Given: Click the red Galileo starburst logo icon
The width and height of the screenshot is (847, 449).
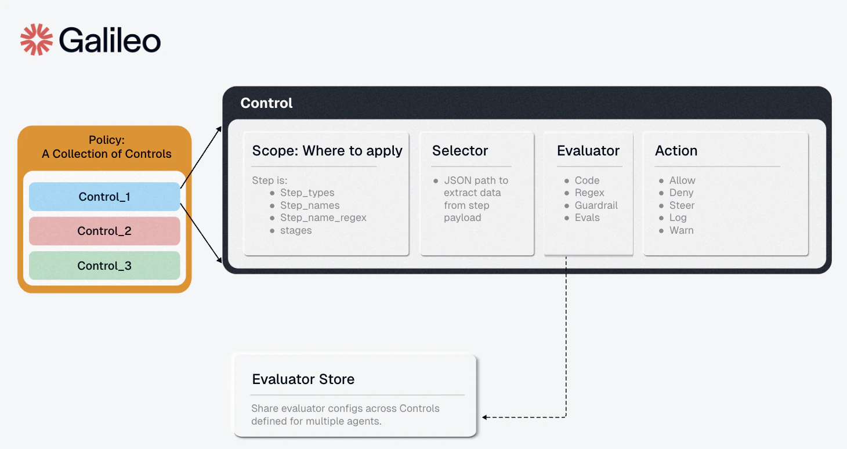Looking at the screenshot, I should pyautogui.click(x=37, y=39).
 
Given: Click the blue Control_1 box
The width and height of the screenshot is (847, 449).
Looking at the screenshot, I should pyautogui.click(x=104, y=197).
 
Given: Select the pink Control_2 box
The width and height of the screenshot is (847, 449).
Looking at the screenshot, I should pyautogui.click(x=104, y=231).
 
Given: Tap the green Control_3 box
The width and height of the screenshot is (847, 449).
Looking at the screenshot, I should pyautogui.click(x=104, y=266).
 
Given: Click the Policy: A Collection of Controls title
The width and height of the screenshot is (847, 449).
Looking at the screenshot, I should pyautogui.click(x=107, y=147).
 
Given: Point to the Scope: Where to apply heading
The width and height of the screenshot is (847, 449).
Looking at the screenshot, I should pyautogui.click(x=327, y=151).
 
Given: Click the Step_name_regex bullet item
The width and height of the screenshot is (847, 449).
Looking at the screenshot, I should pyautogui.click(x=323, y=218).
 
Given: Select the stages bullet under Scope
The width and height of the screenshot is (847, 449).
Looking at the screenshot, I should pyautogui.click(x=296, y=230).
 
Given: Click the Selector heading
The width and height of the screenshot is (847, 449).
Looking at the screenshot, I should pyautogui.click(x=460, y=151).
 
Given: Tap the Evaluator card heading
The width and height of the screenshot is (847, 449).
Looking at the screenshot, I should pyautogui.click(x=588, y=151).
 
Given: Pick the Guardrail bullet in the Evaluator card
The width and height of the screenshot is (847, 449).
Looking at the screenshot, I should pyautogui.click(x=596, y=205).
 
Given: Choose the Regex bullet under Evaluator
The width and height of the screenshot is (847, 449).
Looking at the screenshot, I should pyautogui.click(x=589, y=193).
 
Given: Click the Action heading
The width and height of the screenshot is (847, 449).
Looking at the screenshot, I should pyautogui.click(x=676, y=151).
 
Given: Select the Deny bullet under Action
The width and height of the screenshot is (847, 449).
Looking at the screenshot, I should pyautogui.click(x=681, y=193).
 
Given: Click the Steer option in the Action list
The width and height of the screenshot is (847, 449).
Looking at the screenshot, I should pyautogui.click(x=682, y=205).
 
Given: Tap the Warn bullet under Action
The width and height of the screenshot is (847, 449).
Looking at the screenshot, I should pyautogui.click(x=681, y=230).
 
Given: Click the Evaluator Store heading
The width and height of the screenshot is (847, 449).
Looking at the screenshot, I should pyautogui.click(x=303, y=379).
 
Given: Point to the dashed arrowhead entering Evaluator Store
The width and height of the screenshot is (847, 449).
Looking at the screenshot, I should pyautogui.click(x=485, y=417).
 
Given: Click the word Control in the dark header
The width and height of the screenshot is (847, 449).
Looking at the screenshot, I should pyautogui.click(x=266, y=103).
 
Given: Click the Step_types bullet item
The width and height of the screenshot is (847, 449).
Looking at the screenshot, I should pyautogui.click(x=307, y=193).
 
